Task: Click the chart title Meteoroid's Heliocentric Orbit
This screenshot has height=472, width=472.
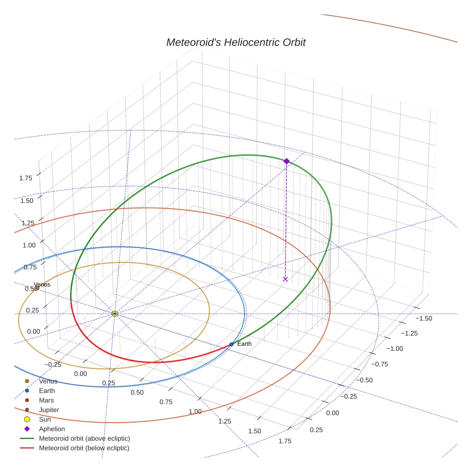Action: (x=236, y=43)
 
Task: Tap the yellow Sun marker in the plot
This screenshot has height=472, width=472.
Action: (x=115, y=314)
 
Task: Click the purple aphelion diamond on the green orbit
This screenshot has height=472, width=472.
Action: (x=286, y=161)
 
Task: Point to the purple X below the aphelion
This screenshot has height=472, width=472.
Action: (x=285, y=279)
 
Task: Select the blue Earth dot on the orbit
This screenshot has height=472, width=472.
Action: (x=232, y=344)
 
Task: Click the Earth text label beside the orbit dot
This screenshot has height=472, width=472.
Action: (x=244, y=344)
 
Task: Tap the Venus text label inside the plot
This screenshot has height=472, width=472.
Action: (x=42, y=284)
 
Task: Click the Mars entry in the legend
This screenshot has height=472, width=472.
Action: (x=47, y=401)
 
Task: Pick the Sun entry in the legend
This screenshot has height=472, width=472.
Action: (x=45, y=420)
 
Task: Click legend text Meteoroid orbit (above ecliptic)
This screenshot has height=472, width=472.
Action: (x=84, y=438)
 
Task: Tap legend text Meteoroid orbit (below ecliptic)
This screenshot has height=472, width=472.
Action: (x=84, y=448)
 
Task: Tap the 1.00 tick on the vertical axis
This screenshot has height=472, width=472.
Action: (x=29, y=245)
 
